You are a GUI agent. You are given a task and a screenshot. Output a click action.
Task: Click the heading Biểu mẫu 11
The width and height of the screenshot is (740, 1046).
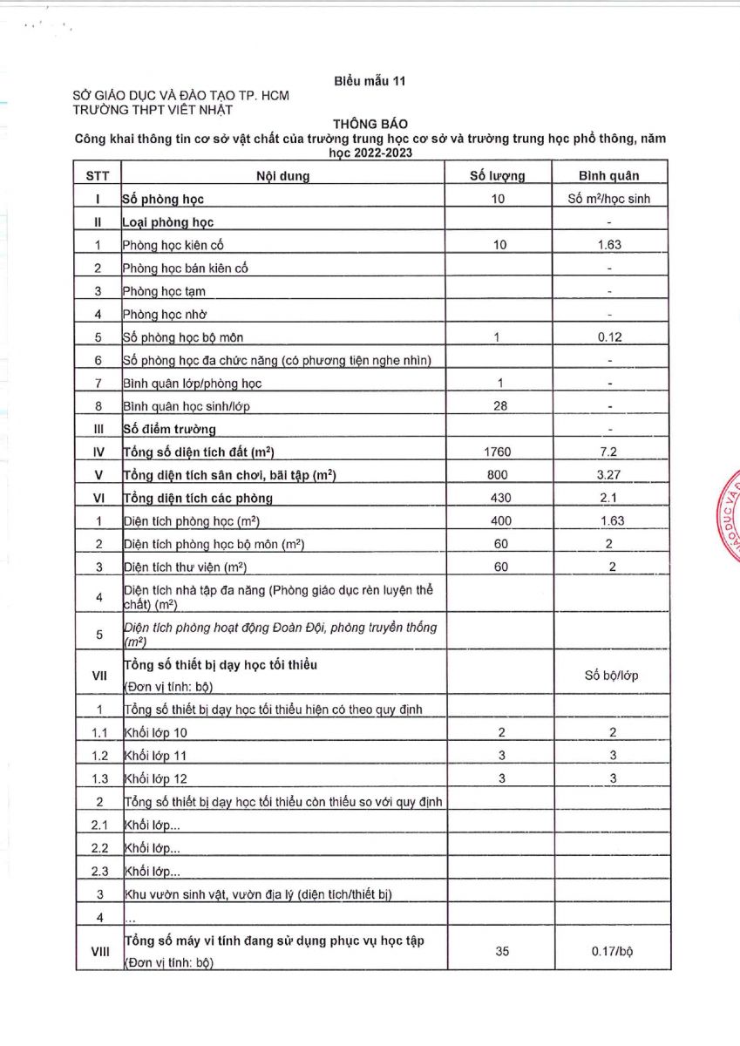(x=370, y=81)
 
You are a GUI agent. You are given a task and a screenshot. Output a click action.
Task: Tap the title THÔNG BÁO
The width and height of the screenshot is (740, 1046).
(x=370, y=125)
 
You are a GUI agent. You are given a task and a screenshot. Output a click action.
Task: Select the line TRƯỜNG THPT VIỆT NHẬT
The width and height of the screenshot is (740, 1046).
(x=153, y=109)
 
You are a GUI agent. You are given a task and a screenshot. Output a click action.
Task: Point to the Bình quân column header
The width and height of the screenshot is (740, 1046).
(x=609, y=175)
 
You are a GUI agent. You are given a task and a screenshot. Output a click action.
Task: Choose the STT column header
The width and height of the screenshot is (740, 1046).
(x=98, y=175)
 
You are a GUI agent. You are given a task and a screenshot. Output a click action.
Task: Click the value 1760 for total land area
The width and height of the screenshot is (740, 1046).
(x=498, y=452)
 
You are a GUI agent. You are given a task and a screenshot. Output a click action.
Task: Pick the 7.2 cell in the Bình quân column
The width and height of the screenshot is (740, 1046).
(x=609, y=452)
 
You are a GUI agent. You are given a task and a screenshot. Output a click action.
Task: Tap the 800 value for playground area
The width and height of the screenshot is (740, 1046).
(x=498, y=475)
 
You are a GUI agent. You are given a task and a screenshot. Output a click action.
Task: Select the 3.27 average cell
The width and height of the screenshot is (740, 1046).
(x=609, y=475)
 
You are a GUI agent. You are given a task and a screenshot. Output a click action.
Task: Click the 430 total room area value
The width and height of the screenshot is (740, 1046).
(x=498, y=498)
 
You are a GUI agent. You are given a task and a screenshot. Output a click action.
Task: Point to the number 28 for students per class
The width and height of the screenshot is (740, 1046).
(x=499, y=405)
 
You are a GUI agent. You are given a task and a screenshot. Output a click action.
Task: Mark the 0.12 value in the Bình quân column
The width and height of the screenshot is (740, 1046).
(x=609, y=337)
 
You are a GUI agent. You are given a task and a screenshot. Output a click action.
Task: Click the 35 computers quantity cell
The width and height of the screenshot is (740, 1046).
(x=501, y=951)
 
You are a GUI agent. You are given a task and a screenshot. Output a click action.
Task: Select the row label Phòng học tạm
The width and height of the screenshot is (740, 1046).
(x=165, y=291)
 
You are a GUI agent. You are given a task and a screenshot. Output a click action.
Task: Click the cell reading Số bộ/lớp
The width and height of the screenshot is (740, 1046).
(x=609, y=675)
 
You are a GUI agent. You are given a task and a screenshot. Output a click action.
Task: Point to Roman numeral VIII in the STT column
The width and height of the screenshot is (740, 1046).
(x=99, y=951)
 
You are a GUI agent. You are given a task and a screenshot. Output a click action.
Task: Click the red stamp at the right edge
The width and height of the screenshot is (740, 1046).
(x=730, y=523)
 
